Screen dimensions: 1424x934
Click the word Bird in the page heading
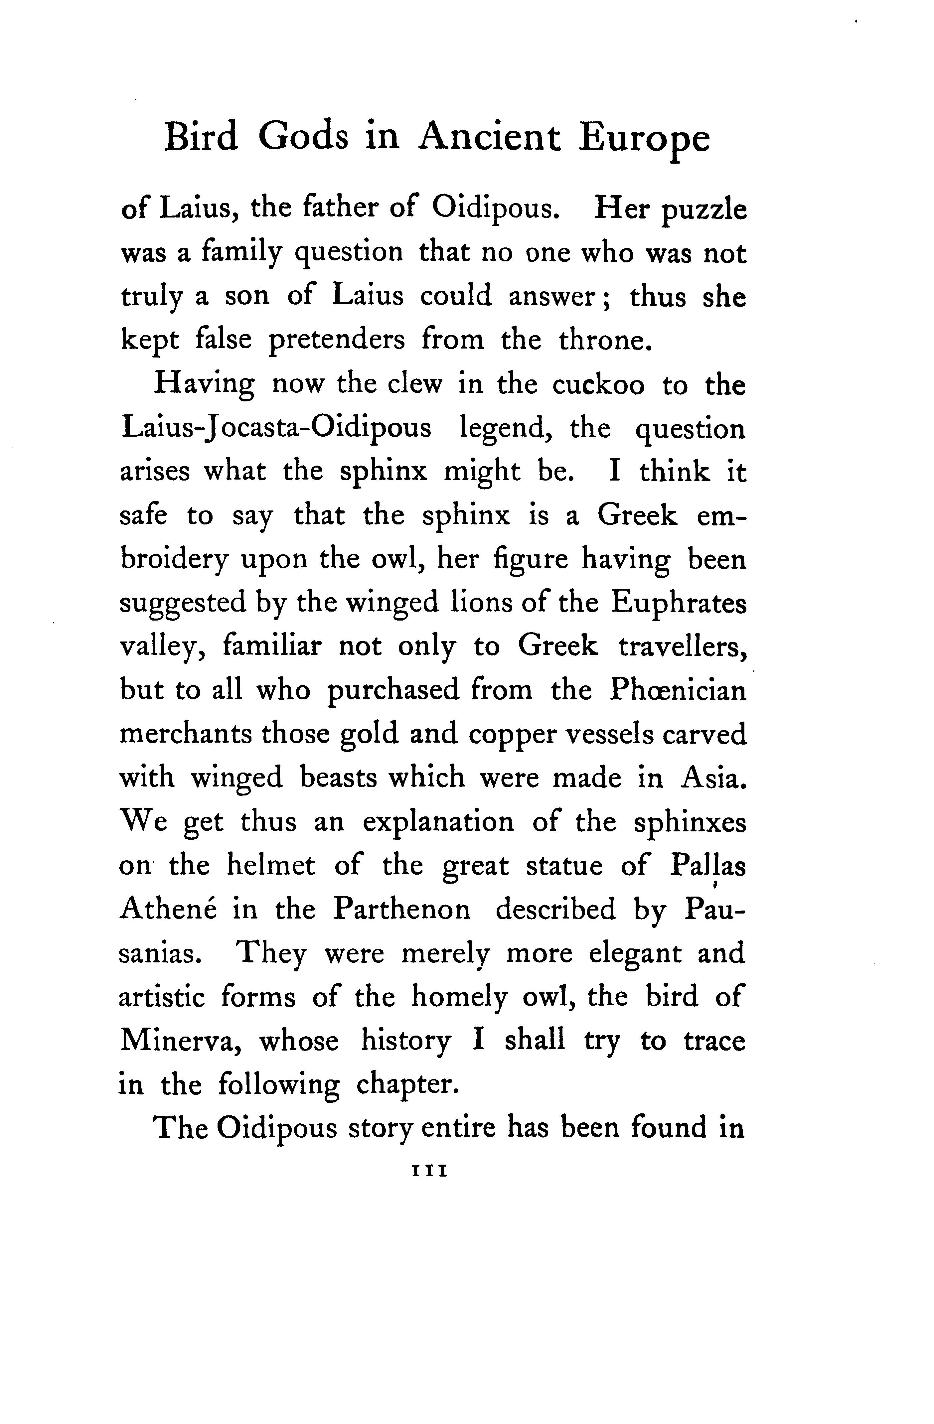[x=201, y=138]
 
